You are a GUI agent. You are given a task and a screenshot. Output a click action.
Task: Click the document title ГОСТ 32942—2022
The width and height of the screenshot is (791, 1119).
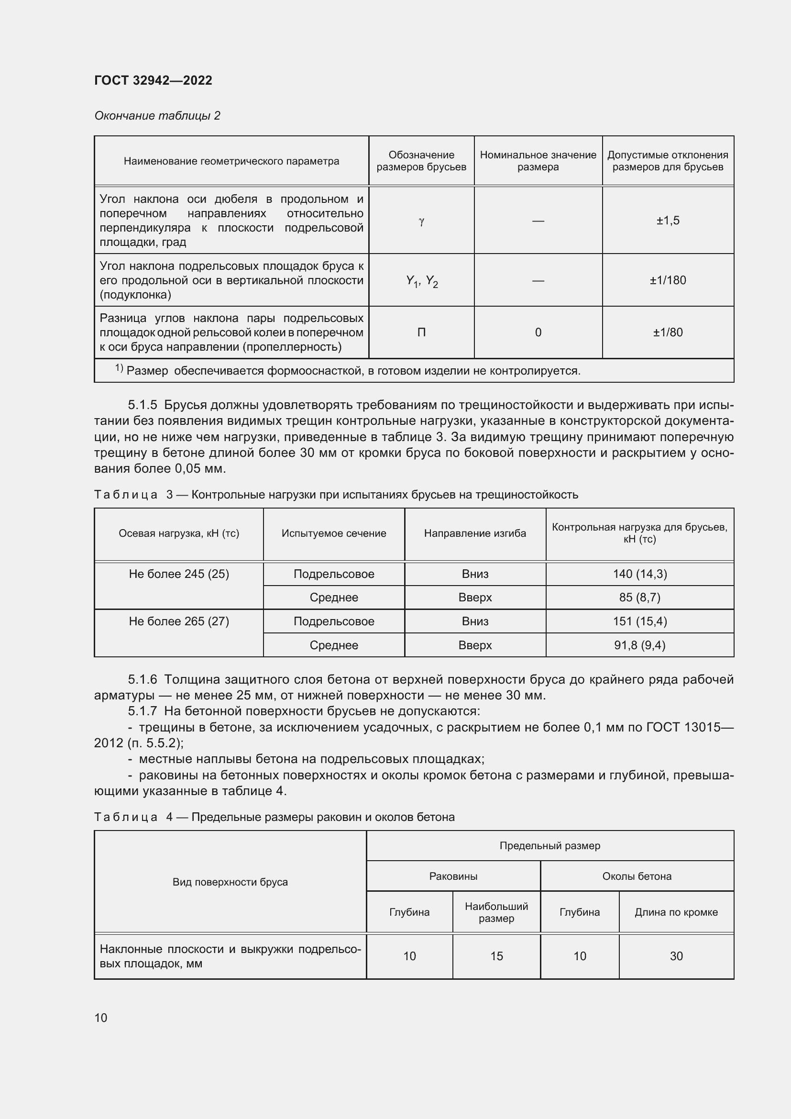tap(153, 80)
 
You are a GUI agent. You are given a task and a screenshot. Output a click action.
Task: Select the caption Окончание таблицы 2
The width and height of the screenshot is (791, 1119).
tap(157, 115)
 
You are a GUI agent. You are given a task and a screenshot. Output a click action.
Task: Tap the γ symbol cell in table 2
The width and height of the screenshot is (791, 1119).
tap(421, 221)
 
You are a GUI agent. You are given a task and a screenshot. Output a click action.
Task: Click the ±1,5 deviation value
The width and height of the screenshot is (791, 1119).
tap(667, 220)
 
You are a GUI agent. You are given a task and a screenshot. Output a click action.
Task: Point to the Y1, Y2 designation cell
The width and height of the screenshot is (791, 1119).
tap(422, 281)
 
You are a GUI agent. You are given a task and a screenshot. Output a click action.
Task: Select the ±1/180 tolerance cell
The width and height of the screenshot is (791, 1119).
tap(667, 280)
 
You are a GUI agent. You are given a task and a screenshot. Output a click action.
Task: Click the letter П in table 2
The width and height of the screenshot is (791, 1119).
tap(421, 332)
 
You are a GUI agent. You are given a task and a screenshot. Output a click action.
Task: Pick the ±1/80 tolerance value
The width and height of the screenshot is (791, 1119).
tap(667, 332)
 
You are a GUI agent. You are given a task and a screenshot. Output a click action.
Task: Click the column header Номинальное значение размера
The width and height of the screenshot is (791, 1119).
tap(538, 161)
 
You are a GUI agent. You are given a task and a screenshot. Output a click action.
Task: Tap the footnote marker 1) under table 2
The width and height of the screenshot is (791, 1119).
tap(120, 368)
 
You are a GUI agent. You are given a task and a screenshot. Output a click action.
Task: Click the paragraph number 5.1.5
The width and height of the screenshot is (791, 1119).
tap(142, 405)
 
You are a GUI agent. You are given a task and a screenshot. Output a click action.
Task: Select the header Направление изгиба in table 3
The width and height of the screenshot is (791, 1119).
tap(475, 533)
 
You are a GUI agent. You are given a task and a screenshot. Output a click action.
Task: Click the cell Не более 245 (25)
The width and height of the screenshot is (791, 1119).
tap(179, 574)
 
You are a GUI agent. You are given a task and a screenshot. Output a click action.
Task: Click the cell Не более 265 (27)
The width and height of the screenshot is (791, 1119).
tap(179, 621)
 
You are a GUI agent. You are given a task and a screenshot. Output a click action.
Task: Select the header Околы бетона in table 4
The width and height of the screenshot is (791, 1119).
tap(637, 876)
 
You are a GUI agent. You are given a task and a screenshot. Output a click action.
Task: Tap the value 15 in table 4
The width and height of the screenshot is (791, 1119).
tap(496, 956)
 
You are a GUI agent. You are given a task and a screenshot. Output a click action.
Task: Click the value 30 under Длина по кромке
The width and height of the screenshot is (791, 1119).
tap(676, 956)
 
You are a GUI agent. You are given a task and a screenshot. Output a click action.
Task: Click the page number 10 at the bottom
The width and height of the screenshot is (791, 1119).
tap(101, 1018)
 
